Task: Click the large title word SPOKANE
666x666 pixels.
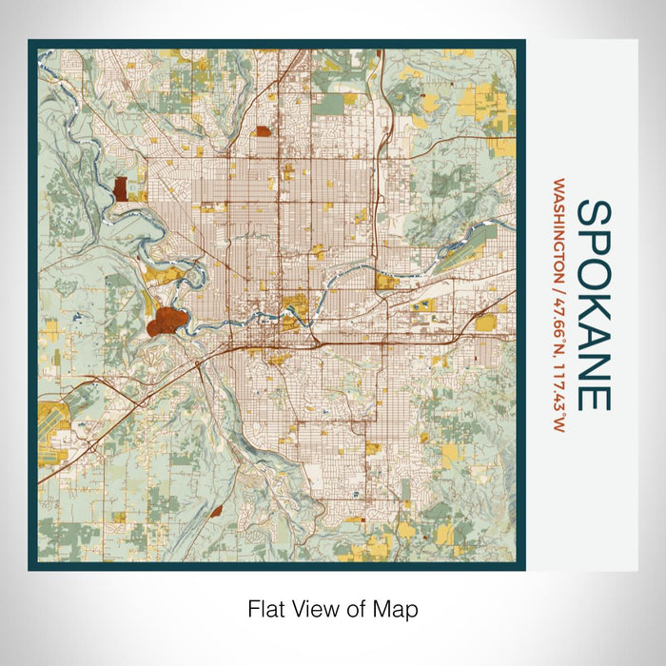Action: (594, 304)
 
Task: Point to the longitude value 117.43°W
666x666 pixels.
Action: (558, 381)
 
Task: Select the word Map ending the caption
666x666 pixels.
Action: (394, 609)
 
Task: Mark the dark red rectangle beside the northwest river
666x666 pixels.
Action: (121, 187)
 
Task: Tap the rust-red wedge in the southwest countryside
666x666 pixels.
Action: (215, 512)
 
